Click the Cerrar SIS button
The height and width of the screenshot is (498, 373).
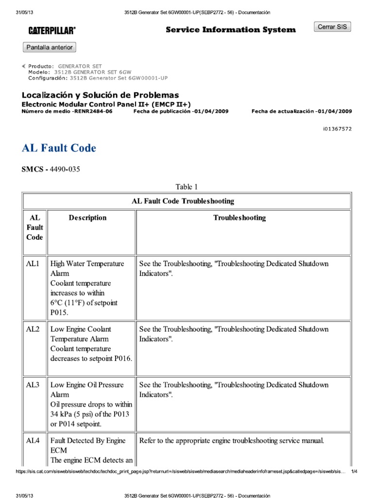(x=333, y=27)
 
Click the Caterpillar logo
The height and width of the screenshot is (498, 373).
(x=51, y=31)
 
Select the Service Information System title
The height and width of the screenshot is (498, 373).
(x=231, y=30)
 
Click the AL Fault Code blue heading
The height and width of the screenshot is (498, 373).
(x=59, y=148)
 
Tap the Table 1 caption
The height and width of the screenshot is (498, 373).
(x=186, y=187)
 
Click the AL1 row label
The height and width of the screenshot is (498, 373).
(x=33, y=264)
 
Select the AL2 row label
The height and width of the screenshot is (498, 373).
(x=33, y=329)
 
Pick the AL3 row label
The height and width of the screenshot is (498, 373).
(x=33, y=385)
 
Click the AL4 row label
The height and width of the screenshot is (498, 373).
(x=33, y=441)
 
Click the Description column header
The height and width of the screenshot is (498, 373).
(x=87, y=218)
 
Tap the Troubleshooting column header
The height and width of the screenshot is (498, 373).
(x=239, y=218)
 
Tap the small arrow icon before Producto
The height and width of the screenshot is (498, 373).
(x=24, y=66)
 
